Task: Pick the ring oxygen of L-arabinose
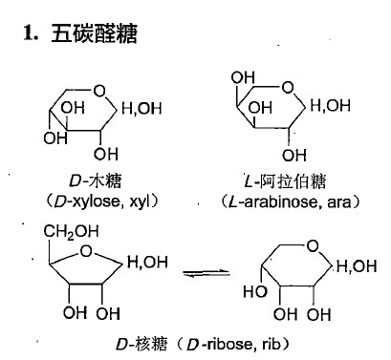(x=286, y=90)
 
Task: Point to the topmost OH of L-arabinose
(x=245, y=76)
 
